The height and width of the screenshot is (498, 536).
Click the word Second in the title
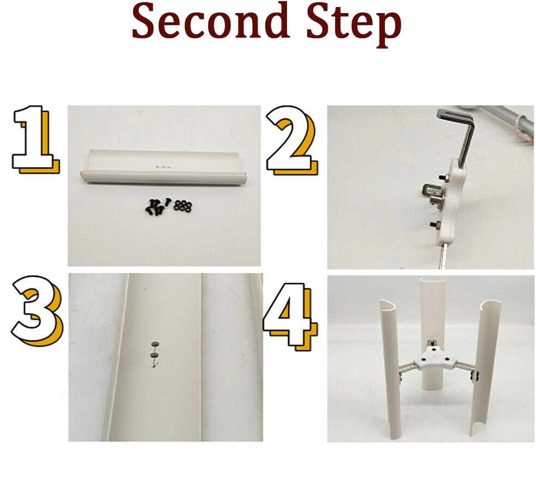click(x=210, y=21)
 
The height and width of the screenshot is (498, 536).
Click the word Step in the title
click(x=354, y=24)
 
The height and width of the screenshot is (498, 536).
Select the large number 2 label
click(x=291, y=140)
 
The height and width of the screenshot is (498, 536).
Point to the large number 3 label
click(x=37, y=310)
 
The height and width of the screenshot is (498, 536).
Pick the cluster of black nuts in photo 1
click(x=183, y=206)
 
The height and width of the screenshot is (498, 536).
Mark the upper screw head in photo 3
click(x=155, y=344)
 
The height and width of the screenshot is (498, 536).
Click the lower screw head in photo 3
click(x=155, y=356)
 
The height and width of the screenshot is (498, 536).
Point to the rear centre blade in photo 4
click(x=433, y=328)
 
